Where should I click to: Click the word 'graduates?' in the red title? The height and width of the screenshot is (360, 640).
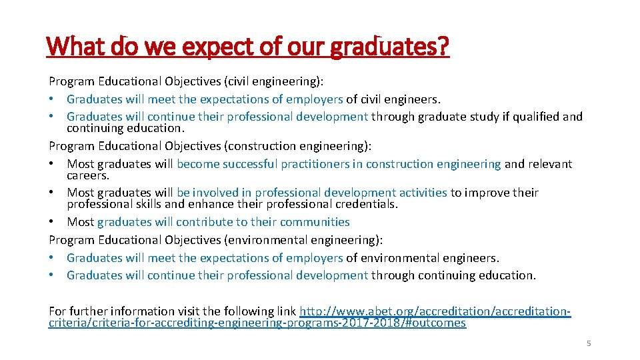pyautogui.click(x=399, y=47)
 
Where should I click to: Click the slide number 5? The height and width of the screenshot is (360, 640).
pyautogui.click(x=589, y=343)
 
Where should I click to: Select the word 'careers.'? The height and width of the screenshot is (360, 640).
pyautogui.click(x=87, y=175)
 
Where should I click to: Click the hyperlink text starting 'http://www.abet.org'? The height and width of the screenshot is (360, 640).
pyautogui.click(x=435, y=311)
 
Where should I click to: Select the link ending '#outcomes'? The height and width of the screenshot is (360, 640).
pyautogui.click(x=257, y=323)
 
